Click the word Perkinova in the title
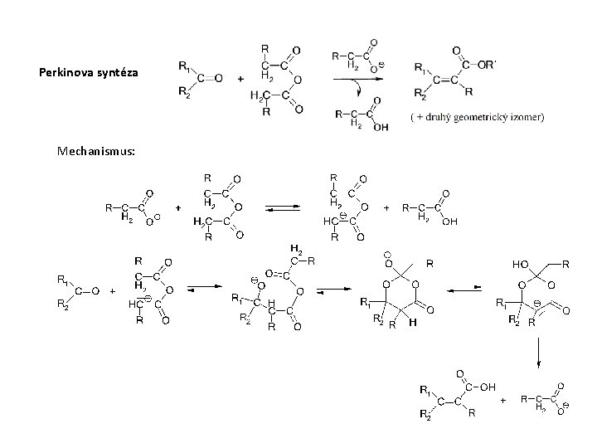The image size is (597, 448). (63, 73)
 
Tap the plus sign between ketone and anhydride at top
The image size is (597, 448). (241, 80)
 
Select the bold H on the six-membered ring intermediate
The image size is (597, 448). (411, 324)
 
